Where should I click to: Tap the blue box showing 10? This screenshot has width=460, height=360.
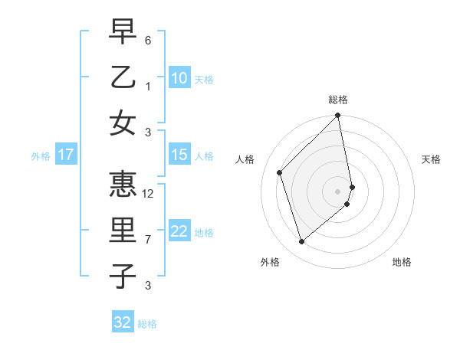pos(179,78)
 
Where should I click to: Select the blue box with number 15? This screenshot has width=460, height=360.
pos(179,155)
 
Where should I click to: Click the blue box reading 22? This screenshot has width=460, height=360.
pos(179,231)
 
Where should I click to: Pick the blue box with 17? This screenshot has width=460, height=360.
pos(65,155)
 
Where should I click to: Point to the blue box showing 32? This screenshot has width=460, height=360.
pos(123,322)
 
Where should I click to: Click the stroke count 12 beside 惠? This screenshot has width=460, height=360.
pos(149,194)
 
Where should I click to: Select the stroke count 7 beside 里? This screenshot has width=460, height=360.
pos(148,240)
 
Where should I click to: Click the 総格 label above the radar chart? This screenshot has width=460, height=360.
pos(338,100)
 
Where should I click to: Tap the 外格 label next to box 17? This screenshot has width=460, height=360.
pos(41,155)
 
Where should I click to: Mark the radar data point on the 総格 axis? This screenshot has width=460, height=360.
pos(338,116)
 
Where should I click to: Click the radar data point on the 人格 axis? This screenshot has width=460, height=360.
pos(280,172)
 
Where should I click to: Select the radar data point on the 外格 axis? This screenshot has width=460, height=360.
pos(302,242)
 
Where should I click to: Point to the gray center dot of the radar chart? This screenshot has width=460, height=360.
pos(338,191)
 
